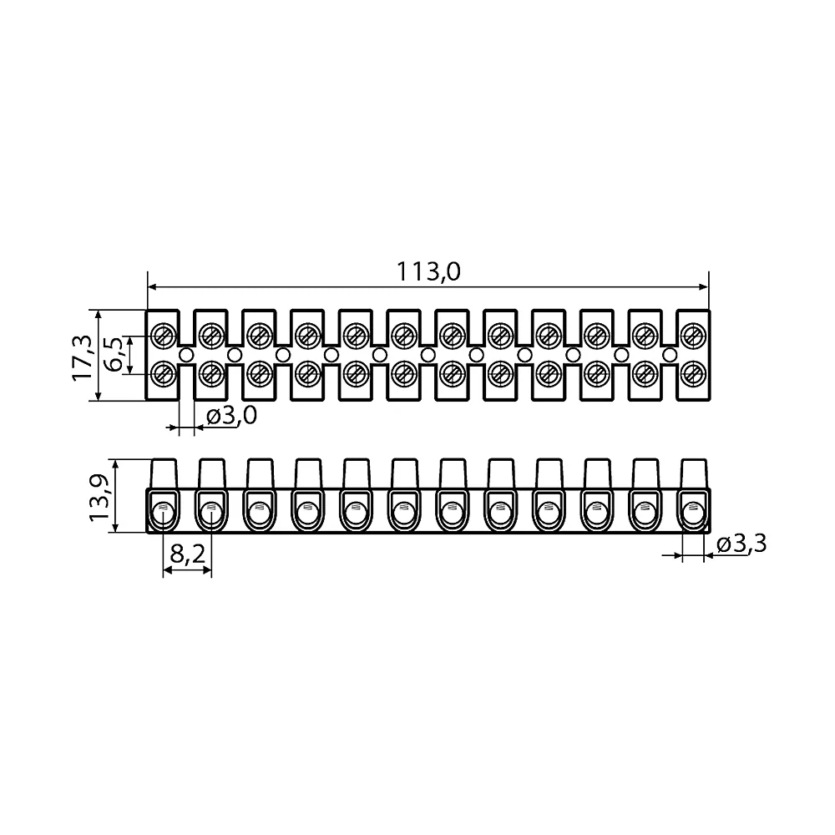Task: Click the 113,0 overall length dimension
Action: [x=428, y=271]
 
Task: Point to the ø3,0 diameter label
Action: [x=232, y=415]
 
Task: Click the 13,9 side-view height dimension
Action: [x=99, y=498]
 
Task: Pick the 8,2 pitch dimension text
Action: [x=187, y=554]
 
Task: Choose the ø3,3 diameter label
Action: [x=741, y=544]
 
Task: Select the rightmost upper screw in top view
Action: [x=693, y=335]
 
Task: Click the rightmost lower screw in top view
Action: [x=693, y=373]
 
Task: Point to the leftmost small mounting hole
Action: [x=186, y=354]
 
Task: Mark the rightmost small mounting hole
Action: [x=670, y=354]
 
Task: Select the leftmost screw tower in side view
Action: [x=164, y=473]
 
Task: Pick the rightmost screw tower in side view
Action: [x=695, y=473]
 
